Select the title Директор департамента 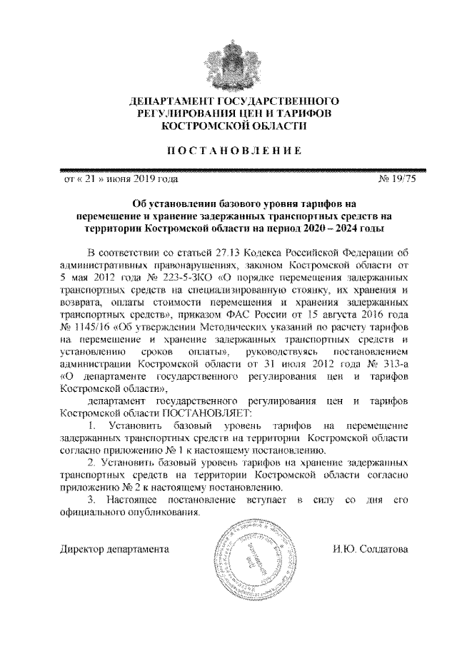click(x=114, y=550)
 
